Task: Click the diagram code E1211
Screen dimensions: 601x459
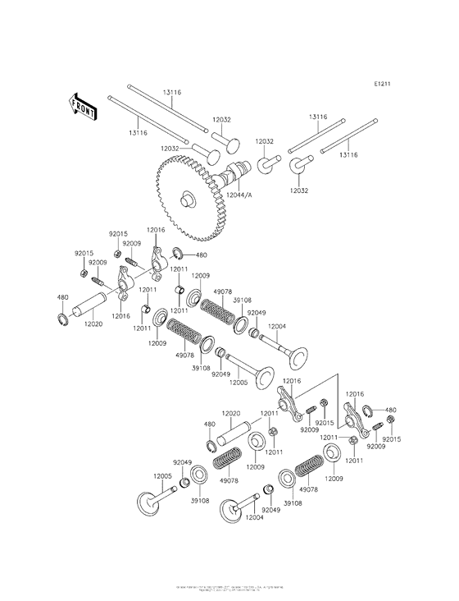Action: pos(382,84)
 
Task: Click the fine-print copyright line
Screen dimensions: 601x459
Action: pos(229,589)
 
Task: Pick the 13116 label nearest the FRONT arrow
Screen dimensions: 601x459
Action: pos(138,132)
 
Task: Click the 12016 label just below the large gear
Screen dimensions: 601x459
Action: pos(156,231)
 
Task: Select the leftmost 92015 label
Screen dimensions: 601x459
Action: pos(84,253)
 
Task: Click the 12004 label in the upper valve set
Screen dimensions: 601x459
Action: pos(276,327)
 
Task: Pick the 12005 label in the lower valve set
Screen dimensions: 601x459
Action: pos(161,475)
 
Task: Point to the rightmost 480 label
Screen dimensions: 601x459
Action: pos(390,410)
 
